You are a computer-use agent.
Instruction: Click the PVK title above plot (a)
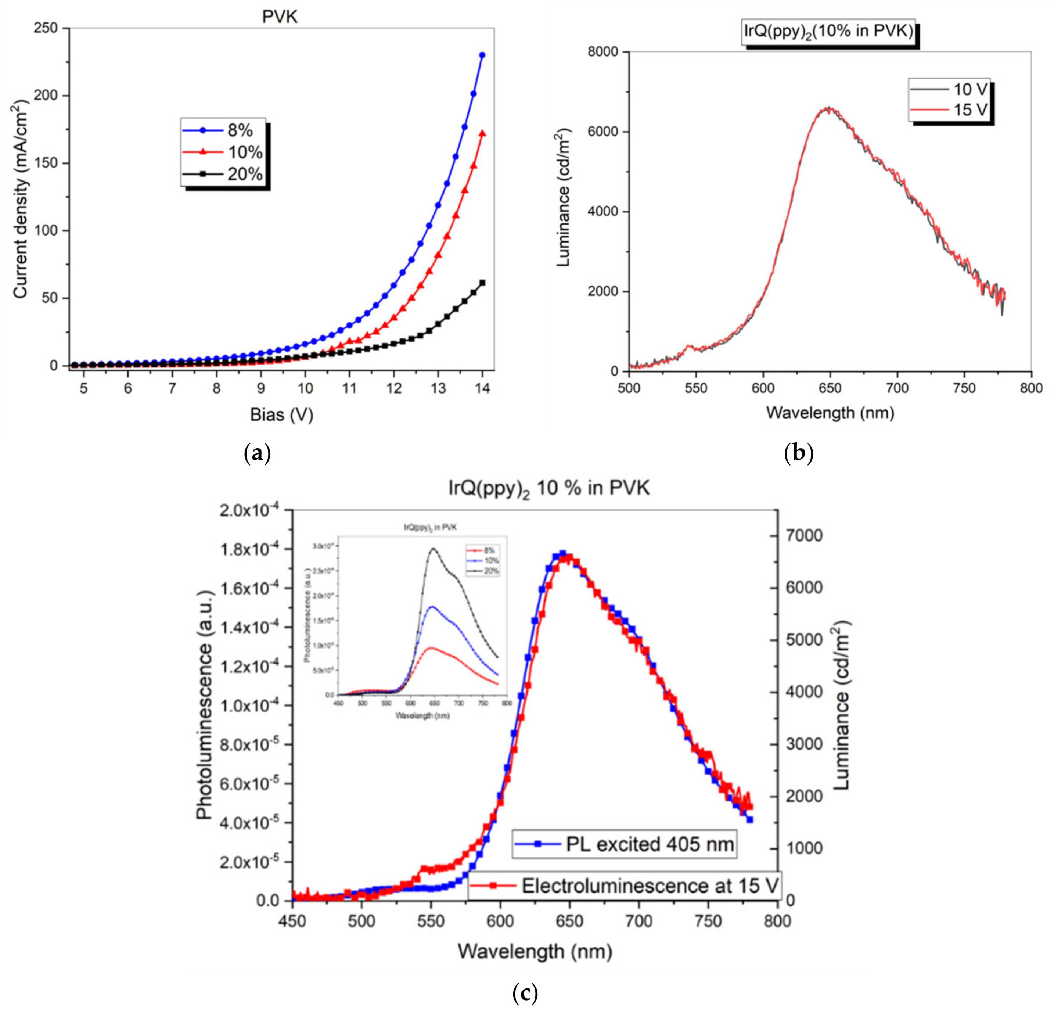coord(280,17)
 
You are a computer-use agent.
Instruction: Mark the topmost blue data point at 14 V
coord(482,55)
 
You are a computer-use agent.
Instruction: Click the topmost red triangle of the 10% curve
coord(482,133)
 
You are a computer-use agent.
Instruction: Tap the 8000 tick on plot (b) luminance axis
coord(601,52)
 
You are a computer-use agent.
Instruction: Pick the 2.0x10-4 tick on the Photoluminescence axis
coord(253,510)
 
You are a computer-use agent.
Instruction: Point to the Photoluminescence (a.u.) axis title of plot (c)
coord(204,705)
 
